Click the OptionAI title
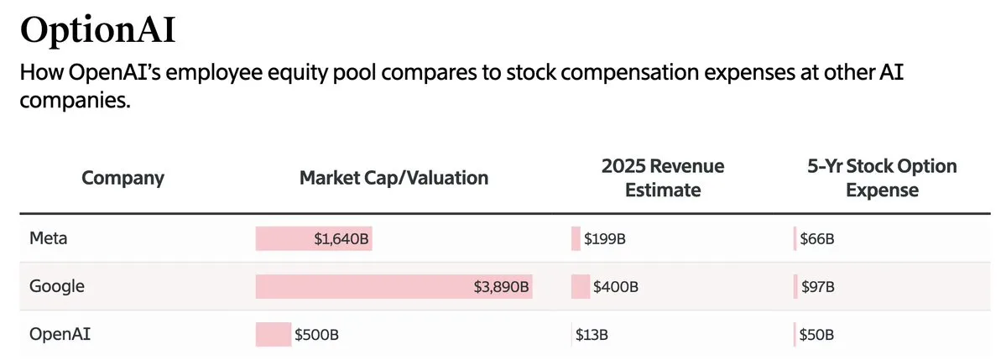pos(97,31)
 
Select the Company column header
pos(122,178)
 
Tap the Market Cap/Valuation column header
pos(394,178)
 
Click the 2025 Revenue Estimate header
pos(663,178)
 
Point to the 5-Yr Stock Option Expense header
pos(882,178)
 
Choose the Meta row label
pos(48,238)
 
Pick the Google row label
pos(56,286)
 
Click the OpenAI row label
pos(60,334)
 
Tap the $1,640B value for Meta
pos(341,239)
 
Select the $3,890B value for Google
pos(502,287)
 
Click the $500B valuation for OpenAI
pos(317,335)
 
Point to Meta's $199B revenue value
pos(604,239)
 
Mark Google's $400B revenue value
pos(616,287)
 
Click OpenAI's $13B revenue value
pos(592,335)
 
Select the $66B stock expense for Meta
pos(816,239)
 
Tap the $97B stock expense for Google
pos(817,287)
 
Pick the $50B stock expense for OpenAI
pos(816,335)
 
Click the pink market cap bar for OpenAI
pos(274,335)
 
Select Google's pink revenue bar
pos(580,287)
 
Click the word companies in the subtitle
pos(76,101)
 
